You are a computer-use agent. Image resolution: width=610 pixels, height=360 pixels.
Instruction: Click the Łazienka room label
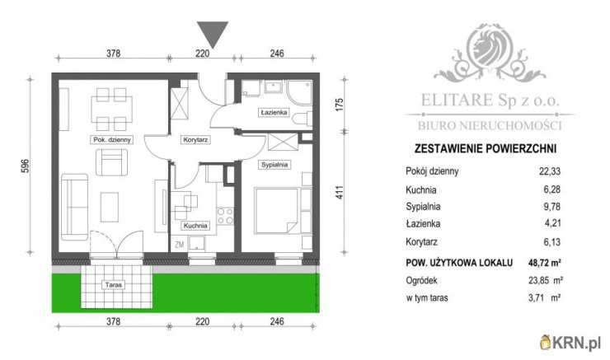[274, 112]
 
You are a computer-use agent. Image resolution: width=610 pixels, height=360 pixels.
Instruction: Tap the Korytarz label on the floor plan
[195, 139]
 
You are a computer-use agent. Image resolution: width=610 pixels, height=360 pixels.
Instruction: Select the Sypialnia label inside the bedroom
[274, 165]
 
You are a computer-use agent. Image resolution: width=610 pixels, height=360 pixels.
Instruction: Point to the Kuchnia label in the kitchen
[195, 226]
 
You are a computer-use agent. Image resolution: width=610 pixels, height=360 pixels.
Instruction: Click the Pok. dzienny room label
[112, 139]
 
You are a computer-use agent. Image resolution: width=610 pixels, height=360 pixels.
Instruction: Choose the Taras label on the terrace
[113, 285]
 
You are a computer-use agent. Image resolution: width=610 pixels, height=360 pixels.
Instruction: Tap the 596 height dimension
[26, 166]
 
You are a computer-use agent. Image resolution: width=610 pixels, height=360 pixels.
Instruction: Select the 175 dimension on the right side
[340, 105]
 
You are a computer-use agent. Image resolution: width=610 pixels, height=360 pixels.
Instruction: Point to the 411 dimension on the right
[340, 193]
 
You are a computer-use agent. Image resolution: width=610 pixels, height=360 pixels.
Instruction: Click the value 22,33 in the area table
[550, 171]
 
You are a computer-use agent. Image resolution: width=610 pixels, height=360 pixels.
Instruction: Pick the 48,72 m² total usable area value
[545, 263]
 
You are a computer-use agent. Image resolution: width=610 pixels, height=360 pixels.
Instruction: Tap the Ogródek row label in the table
[421, 280]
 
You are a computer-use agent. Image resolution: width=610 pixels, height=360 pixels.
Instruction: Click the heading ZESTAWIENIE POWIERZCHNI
[486, 148]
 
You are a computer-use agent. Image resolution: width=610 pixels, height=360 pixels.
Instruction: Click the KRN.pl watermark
[570, 343]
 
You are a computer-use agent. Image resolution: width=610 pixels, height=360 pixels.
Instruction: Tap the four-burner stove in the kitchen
[225, 216]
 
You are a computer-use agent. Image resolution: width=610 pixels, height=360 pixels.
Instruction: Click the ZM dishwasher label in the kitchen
[180, 245]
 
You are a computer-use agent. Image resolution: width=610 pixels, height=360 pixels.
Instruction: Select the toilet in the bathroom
[303, 119]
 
